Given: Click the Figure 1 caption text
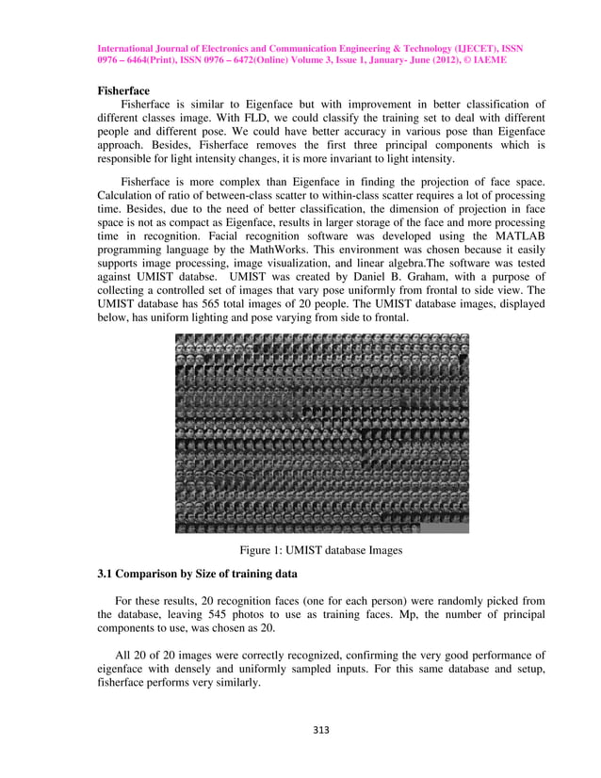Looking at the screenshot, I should coord(321,550).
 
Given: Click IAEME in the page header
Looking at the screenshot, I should coord(492,58).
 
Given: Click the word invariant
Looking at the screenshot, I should coord(364,160).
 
